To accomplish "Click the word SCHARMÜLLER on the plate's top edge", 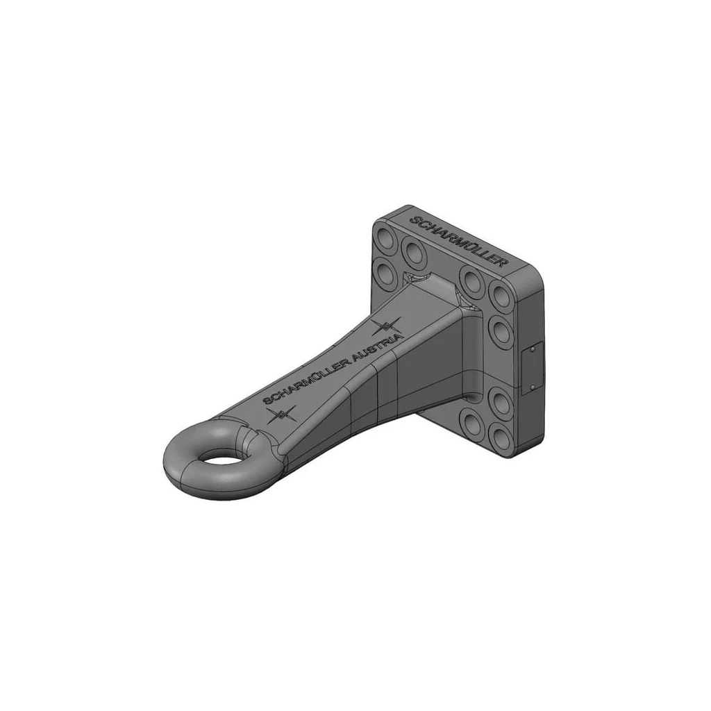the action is point(457,241).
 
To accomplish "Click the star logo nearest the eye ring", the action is point(282,414).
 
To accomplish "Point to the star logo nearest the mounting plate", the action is point(387,327).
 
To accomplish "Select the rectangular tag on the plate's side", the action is point(532,368).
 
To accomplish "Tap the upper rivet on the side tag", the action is point(532,350).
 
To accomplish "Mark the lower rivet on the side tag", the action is point(532,387).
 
